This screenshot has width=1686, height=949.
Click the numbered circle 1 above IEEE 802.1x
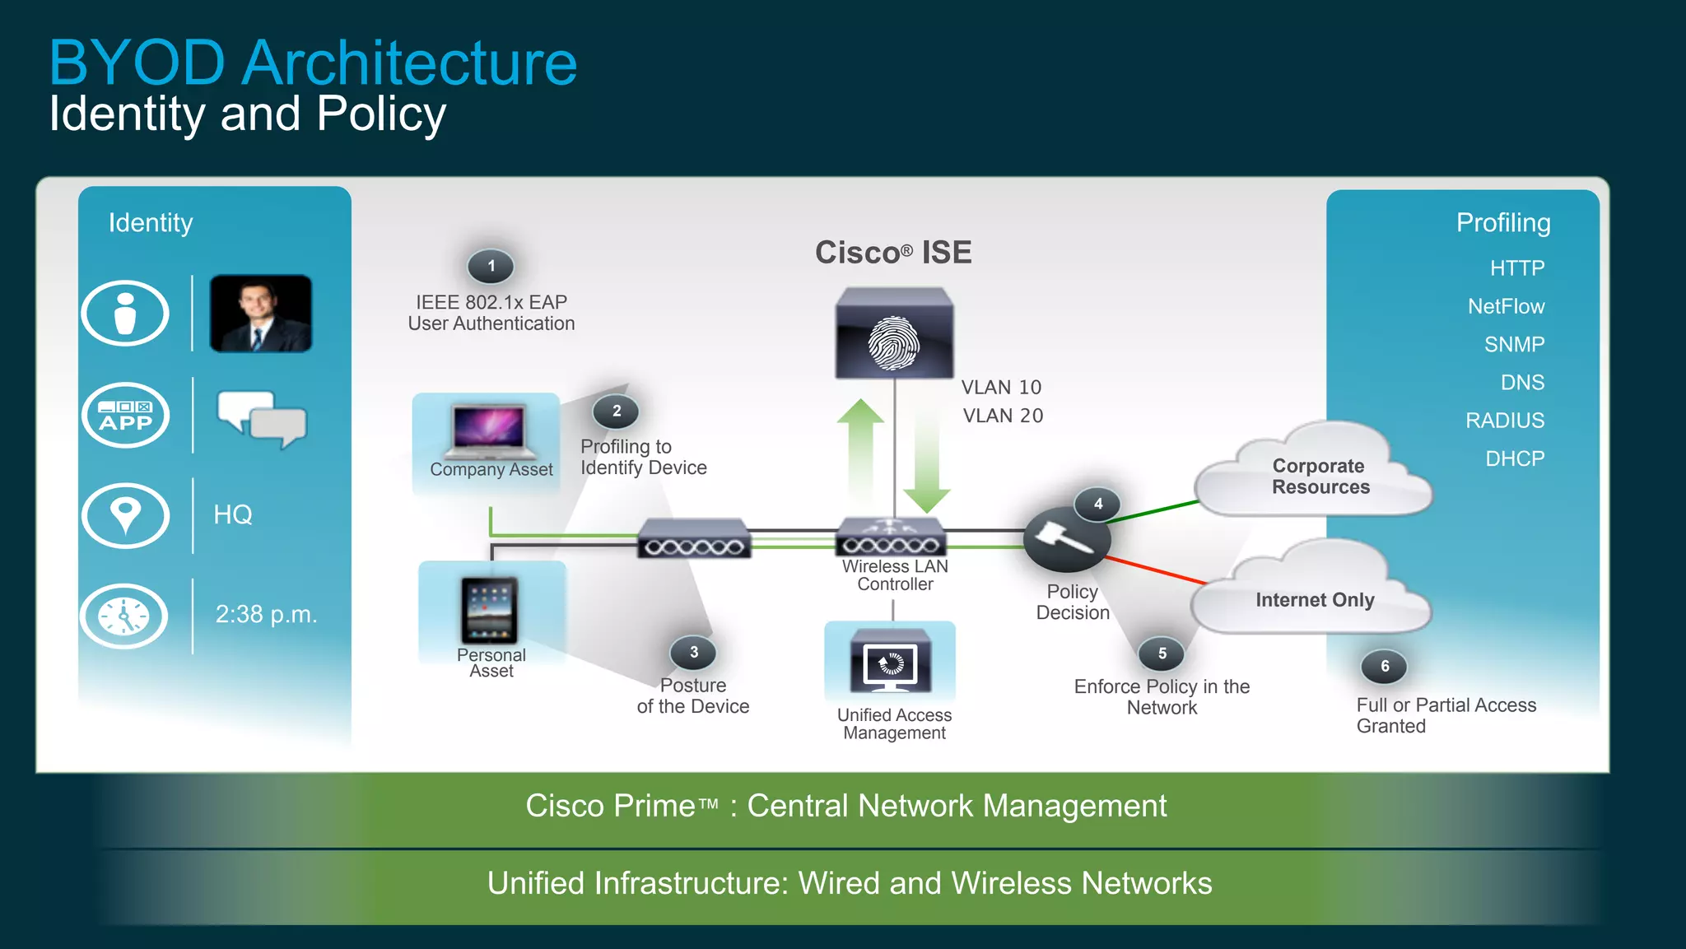(491, 266)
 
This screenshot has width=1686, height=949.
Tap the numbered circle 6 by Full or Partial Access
(1385, 666)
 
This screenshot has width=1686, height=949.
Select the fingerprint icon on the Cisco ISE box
(894, 343)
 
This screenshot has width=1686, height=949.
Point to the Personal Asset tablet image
(490, 610)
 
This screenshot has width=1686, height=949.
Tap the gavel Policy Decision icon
(1065, 540)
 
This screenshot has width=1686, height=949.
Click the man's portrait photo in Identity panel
(260, 314)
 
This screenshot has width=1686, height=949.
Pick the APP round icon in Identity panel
(125, 416)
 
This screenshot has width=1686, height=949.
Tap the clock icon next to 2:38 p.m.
(124, 616)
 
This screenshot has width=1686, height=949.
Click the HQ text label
(233, 514)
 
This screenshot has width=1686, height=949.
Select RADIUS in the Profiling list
(1504, 421)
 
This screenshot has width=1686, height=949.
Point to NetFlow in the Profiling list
(1506, 306)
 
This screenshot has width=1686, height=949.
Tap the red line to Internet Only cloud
(1156, 570)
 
